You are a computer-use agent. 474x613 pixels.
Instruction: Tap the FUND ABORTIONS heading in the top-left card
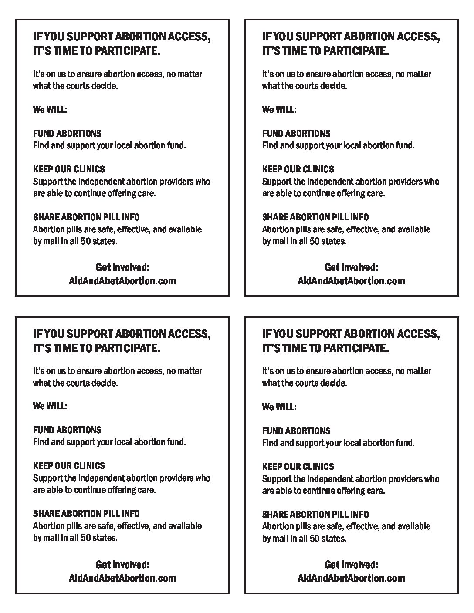pyautogui.click(x=67, y=133)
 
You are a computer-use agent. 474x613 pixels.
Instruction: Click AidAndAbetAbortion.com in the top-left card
pyautogui.click(x=122, y=281)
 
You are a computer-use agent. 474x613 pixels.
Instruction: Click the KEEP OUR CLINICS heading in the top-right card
pyautogui.click(x=298, y=169)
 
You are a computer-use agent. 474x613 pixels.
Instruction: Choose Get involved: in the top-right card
pyautogui.click(x=351, y=267)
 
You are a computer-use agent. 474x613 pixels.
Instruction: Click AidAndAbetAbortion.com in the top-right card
pyautogui.click(x=351, y=281)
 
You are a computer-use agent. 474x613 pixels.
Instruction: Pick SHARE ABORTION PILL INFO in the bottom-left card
pyautogui.click(x=86, y=514)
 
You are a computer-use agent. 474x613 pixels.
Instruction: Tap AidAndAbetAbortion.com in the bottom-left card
pyautogui.click(x=122, y=578)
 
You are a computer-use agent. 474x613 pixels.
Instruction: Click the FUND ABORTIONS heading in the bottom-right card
pyautogui.click(x=296, y=431)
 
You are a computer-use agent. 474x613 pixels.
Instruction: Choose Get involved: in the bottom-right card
pyautogui.click(x=351, y=565)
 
